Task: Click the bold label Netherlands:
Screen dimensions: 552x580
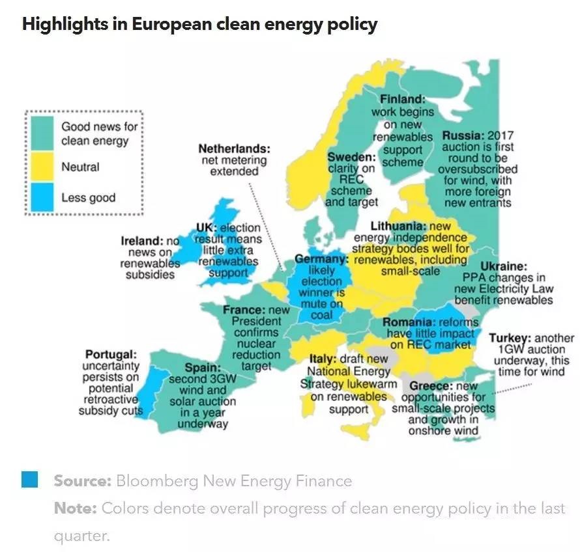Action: point(234,148)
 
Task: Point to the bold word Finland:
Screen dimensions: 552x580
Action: point(402,100)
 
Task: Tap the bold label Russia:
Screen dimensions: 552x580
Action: point(463,136)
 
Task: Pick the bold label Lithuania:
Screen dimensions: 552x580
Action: point(397,226)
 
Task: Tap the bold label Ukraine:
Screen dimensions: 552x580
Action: point(503,266)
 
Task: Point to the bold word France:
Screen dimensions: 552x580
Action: point(243,309)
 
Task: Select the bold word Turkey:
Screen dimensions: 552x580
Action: point(510,338)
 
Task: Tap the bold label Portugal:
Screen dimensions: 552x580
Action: point(111,355)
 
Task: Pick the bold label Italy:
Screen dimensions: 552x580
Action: point(323,359)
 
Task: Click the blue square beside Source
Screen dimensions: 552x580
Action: point(30,480)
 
